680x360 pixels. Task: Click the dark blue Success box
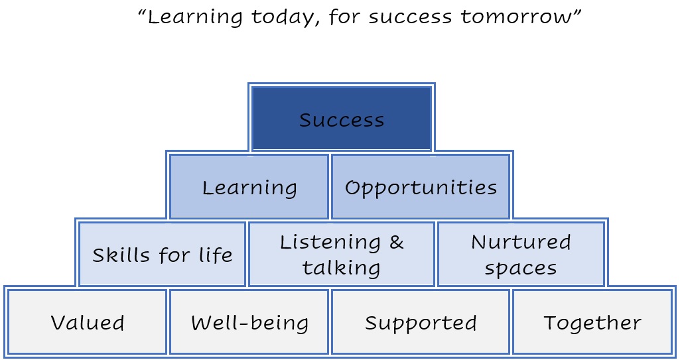pos(342,118)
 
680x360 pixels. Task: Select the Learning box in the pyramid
pos(249,186)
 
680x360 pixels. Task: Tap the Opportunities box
pos(420,186)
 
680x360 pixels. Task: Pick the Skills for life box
pos(162,254)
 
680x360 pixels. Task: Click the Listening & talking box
pos(342,254)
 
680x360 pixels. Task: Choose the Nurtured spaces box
pos(521,254)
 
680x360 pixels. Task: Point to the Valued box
pos(87,322)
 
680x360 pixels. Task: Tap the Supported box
pos(420,322)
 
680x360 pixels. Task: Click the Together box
pos(592,322)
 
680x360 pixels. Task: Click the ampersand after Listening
pos(396,242)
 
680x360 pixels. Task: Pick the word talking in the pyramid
pos(341,267)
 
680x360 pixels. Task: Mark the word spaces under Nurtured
pos(520,269)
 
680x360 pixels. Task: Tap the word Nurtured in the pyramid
pos(521,242)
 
